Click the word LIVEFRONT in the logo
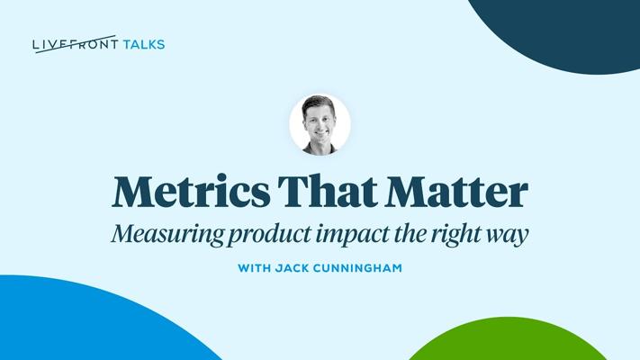point(76,44)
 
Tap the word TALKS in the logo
point(144,44)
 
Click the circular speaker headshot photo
point(320,124)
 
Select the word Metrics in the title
point(191,192)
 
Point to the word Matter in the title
point(457,192)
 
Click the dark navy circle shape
point(563,32)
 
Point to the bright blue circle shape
point(82,322)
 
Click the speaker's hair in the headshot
point(319,103)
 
